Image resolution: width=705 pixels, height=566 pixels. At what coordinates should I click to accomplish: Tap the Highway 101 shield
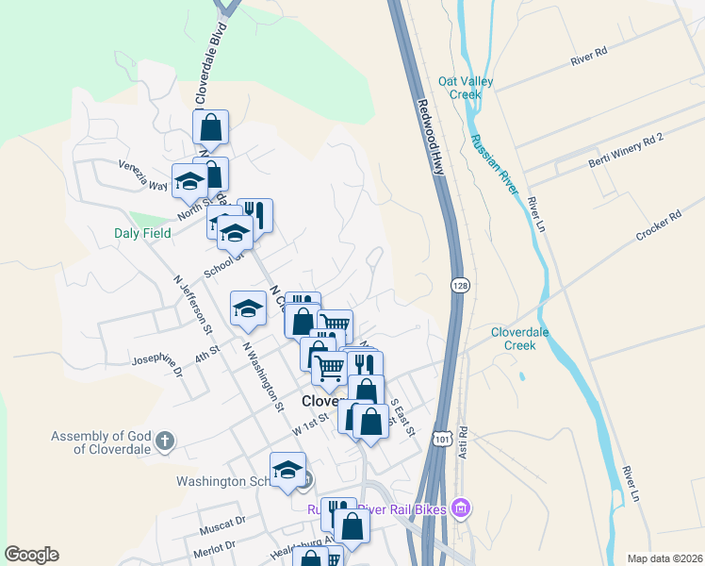[x=441, y=439]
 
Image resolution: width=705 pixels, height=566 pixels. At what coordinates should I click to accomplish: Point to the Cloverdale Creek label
[x=526, y=339]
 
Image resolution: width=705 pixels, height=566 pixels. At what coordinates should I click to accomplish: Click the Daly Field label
[x=143, y=233]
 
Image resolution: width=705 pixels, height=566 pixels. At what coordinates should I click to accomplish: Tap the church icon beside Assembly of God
[x=164, y=441]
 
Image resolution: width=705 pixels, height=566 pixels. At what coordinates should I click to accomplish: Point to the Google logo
[x=32, y=555]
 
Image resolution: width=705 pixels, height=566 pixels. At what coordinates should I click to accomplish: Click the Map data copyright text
[x=664, y=558]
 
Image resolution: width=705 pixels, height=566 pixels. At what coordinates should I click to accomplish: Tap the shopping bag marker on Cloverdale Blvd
[x=211, y=126]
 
